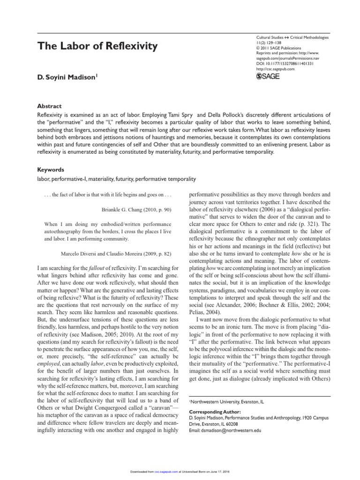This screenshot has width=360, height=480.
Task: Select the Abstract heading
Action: point(49,106)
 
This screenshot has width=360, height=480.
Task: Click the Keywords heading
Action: point(51,169)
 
